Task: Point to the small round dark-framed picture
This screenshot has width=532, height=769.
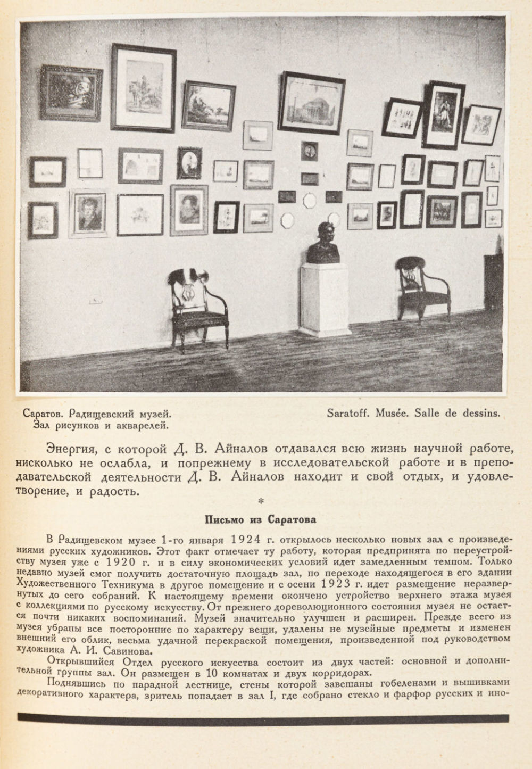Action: click(309, 151)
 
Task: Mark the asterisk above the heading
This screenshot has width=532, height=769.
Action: click(260, 501)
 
